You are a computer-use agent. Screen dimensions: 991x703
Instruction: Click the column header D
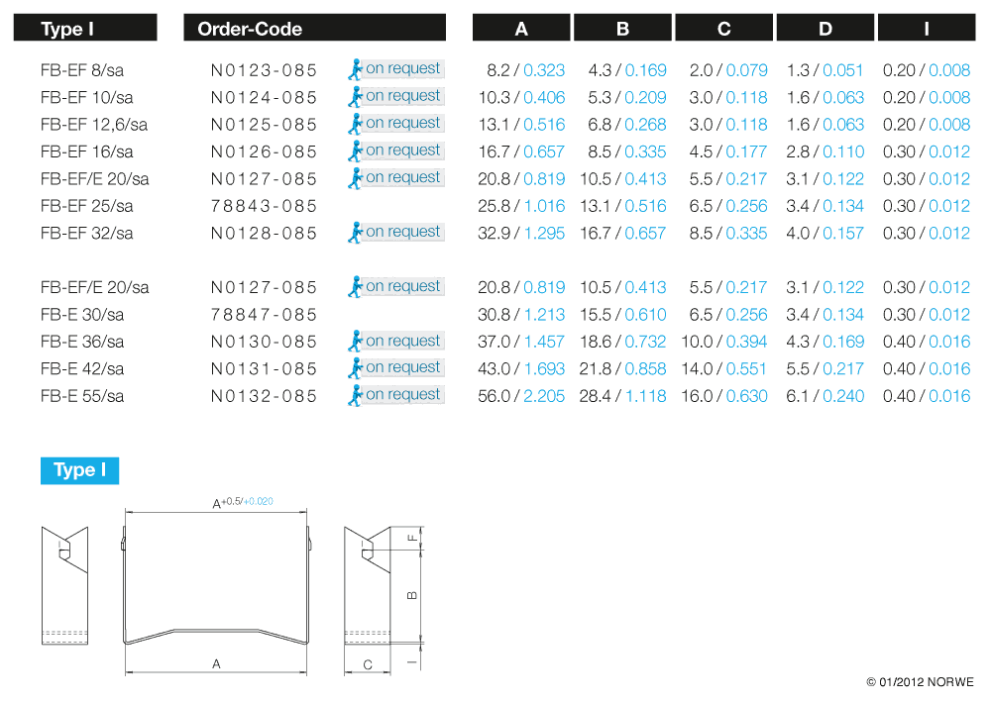tap(825, 29)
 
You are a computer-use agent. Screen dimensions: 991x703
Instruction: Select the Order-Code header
tap(250, 29)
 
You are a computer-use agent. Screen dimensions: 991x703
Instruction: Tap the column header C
tap(723, 29)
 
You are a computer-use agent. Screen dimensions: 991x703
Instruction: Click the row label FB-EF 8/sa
tap(82, 70)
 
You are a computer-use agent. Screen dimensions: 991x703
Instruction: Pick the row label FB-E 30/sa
tap(82, 315)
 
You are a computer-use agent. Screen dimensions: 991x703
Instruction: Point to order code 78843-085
tap(264, 206)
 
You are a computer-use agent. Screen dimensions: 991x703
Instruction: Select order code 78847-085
tap(264, 315)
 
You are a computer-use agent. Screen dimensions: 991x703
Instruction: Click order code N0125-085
tap(264, 125)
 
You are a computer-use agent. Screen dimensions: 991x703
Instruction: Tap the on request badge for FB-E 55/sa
tap(396, 395)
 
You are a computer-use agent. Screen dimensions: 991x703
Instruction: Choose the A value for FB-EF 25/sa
tap(521, 206)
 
